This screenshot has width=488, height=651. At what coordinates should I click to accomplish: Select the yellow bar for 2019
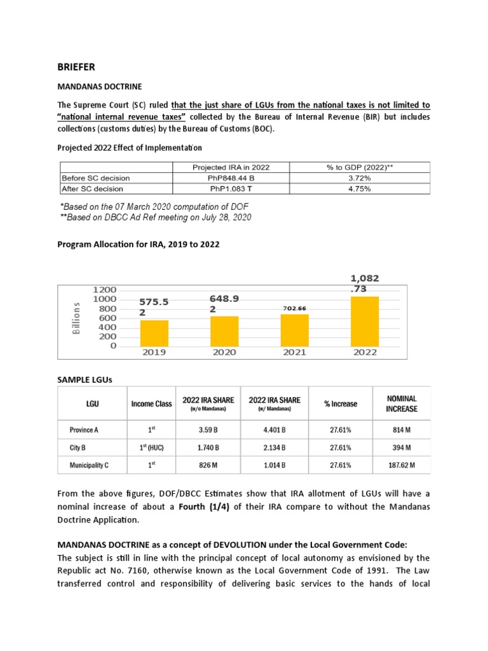pyautogui.click(x=154, y=333)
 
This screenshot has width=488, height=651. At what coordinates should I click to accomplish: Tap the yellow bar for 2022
pyautogui.click(x=364, y=321)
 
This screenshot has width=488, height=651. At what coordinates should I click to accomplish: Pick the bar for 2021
pyautogui.click(x=294, y=330)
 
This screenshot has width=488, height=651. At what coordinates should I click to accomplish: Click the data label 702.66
pyautogui.click(x=294, y=308)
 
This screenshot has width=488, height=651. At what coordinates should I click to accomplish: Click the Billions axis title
pyautogui.click(x=77, y=318)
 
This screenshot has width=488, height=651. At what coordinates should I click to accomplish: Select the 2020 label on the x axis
pyautogui.click(x=224, y=352)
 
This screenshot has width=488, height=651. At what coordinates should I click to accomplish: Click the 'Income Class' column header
pyautogui.click(x=151, y=404)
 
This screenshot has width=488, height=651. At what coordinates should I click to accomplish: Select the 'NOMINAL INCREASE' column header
pyautogui.click(x=402, y=403)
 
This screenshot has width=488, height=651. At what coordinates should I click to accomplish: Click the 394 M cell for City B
pyautogui.click(x=402, y=448)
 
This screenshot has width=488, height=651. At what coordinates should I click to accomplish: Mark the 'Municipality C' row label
pyautogui.click(x=89, y=465)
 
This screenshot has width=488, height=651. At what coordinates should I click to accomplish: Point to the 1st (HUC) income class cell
pyautogui.click(x=151, y=447)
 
